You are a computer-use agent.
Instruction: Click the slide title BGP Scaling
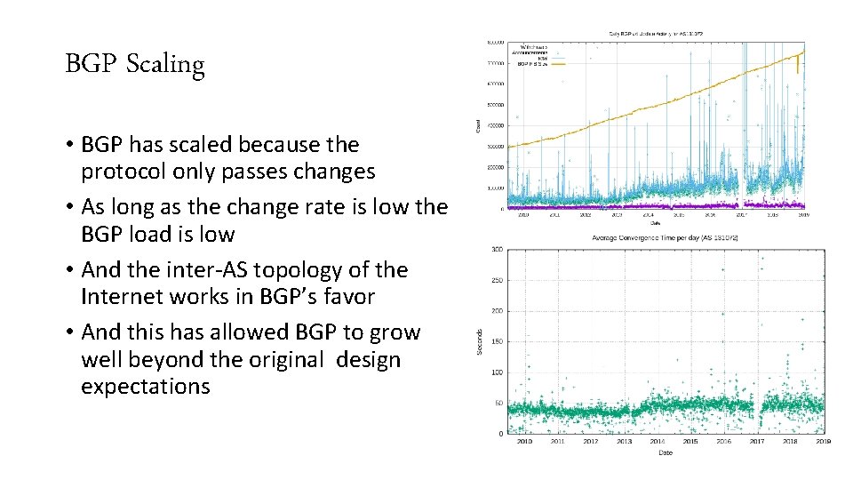coord(135,65)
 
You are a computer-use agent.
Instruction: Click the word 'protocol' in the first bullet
coord(120,172)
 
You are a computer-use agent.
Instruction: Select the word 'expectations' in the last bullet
coord(146,387)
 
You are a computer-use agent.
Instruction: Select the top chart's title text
coord(655,34)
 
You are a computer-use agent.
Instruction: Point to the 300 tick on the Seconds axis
coord(498,250)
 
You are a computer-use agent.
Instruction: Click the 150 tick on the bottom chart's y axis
coord(498,342)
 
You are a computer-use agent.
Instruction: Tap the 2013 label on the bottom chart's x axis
coord(625,442)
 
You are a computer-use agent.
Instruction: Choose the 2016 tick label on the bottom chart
coord(724,442)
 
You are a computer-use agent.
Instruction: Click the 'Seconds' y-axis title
coord(481,342)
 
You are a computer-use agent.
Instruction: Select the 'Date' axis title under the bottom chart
coord(665,452)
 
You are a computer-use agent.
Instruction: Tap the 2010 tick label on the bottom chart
coord(523,442)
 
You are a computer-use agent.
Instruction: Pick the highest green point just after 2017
coord(761,259)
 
